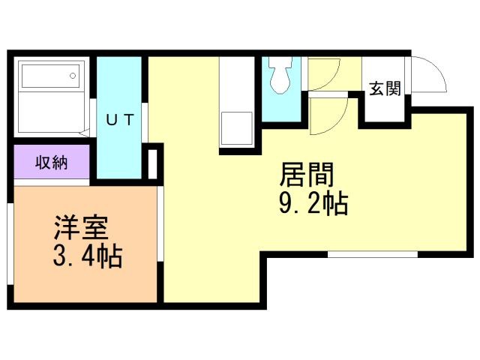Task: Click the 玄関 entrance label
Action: (x=385, y=88)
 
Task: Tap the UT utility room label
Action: (x=120, y=120)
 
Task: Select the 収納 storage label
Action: (x=51, y=162)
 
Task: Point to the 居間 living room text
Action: (x=307, y=175)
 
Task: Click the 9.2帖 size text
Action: (x=313, y=203)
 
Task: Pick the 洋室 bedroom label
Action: (x=81, y=228)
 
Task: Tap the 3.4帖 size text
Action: (x=88, y=256)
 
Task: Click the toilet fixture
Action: (x=280, y=75)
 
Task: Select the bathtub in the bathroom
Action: (x=51, y=74)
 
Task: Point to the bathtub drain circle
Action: (x=73, y=76)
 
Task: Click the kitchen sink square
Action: (x=237, y=128)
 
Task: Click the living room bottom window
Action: (x=373, y=254)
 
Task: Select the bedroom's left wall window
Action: (x=10, y=244)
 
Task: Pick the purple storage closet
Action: (x=52, y=162)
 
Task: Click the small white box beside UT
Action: (x=152, y=164)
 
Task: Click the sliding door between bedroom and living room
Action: (x=160, y=223)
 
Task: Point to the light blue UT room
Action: (x=119, y=118)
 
